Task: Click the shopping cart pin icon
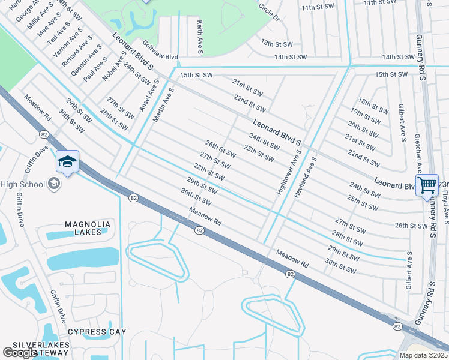pos(427,185)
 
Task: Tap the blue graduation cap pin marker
pos(68,161)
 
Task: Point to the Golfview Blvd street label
pos(160,50)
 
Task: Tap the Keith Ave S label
pos(200,37)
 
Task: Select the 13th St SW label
pos(276,44)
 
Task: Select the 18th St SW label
pos(373,106)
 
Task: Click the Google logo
pos(20,353)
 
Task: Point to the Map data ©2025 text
pos(423,355)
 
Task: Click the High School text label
pos(24,183)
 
